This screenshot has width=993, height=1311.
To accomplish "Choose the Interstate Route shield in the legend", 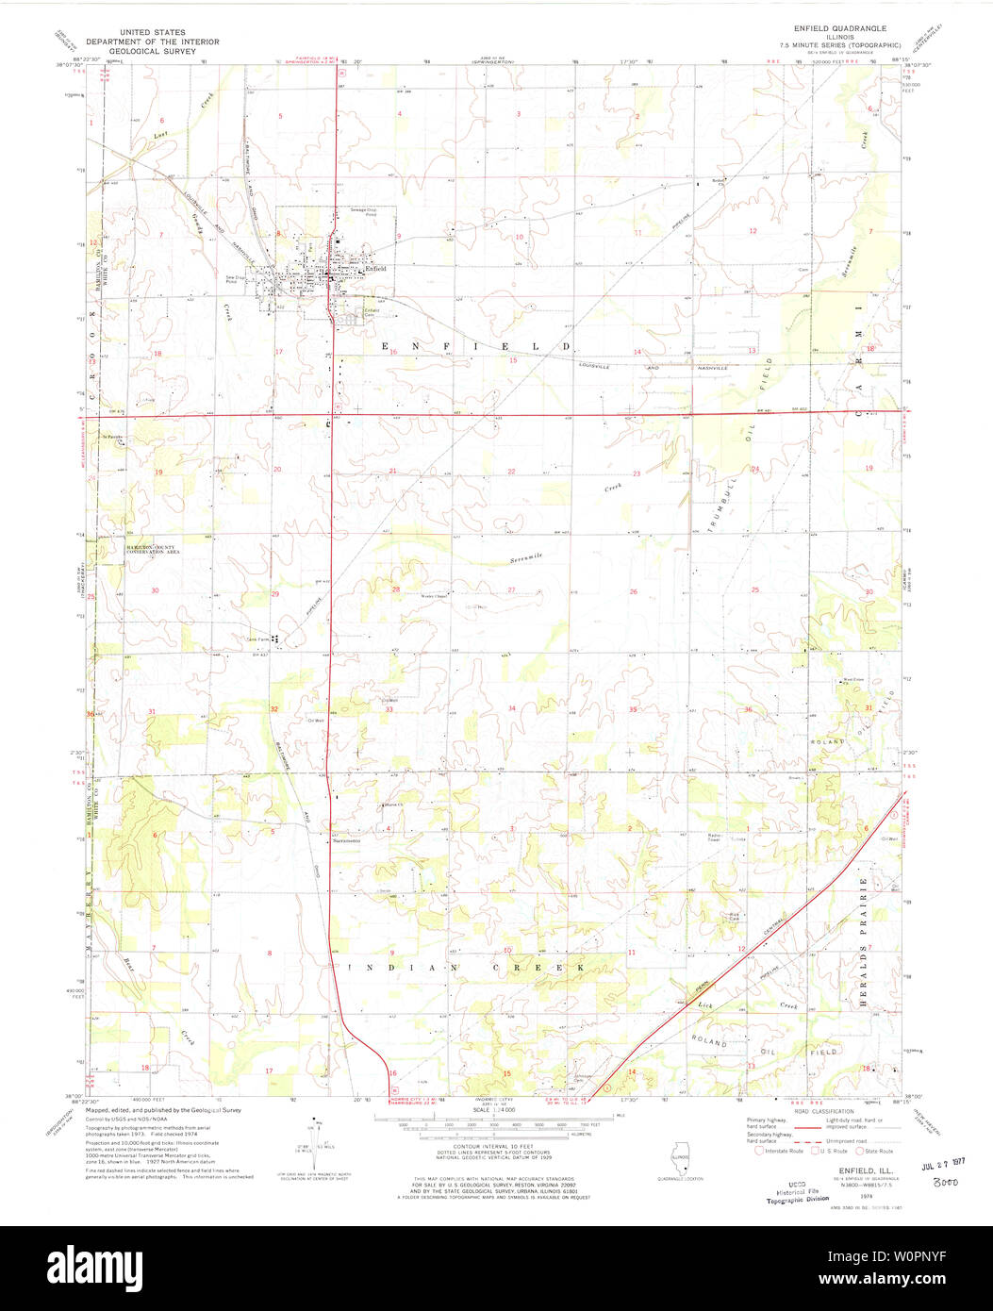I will point(759,1150).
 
